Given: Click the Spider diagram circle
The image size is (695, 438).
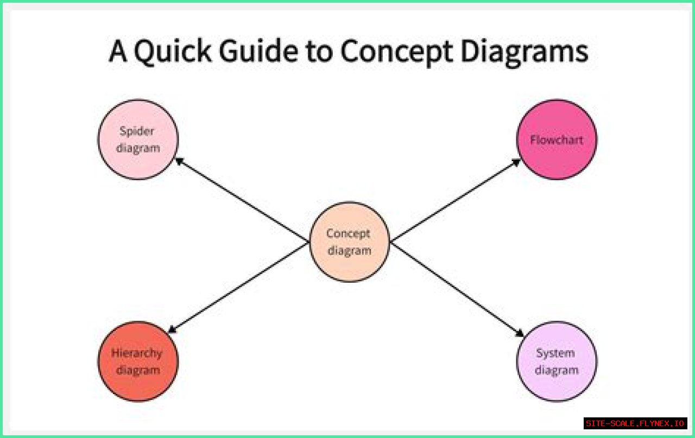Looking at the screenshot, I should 138,139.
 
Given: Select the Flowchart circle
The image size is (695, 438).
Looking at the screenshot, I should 557,139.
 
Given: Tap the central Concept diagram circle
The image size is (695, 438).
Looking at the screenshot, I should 349,242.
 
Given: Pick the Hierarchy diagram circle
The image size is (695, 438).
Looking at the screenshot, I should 138,361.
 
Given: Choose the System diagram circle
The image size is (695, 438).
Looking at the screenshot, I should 557,361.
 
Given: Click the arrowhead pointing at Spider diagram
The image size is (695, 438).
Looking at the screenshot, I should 178,160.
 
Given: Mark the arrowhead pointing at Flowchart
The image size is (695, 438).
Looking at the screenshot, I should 517,161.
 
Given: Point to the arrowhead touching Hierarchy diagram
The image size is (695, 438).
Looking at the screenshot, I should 172,329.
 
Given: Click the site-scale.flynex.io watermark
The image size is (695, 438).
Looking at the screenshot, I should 636,423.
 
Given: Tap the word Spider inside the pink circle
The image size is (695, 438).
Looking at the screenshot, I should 137,131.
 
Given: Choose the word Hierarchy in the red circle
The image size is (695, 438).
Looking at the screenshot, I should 137,353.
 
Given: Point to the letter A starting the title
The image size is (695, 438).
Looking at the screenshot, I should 117,52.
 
